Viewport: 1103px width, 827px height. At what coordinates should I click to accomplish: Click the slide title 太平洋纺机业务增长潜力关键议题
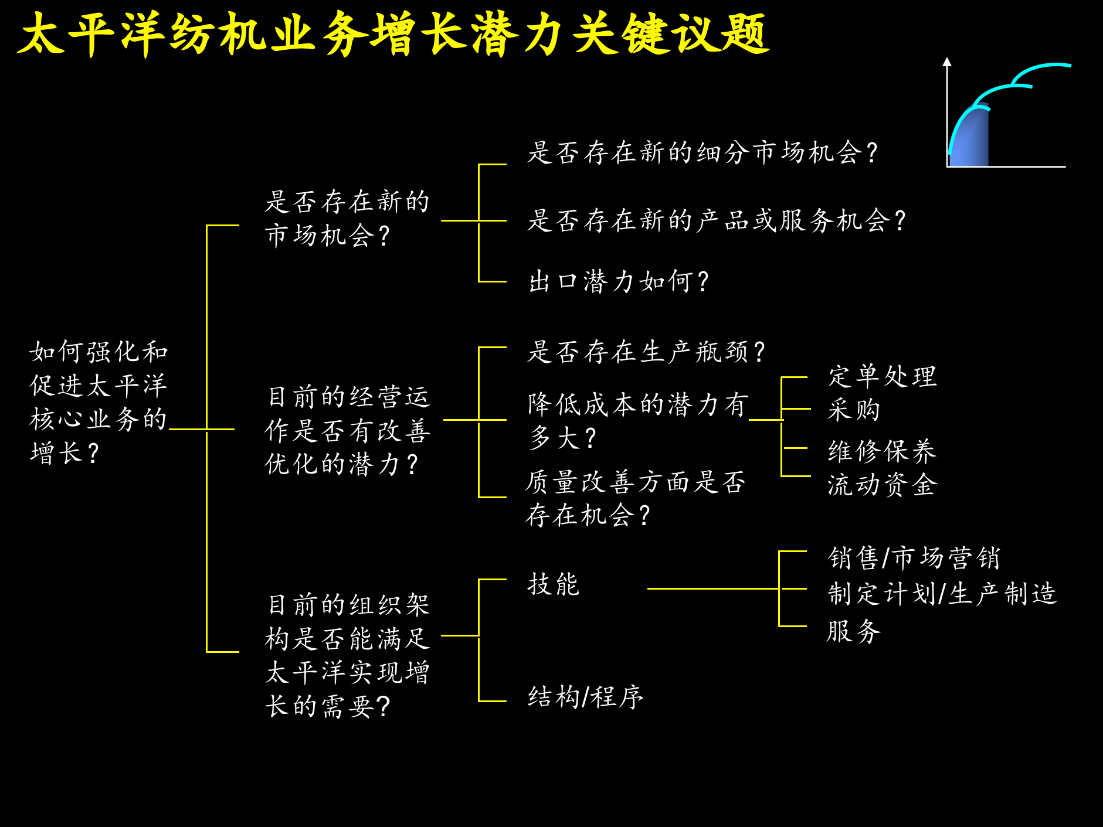click(393, 34)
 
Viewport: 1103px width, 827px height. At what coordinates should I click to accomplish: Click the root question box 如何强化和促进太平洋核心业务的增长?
click(99, 402)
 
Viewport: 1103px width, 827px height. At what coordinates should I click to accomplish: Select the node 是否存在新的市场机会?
click(347, 218)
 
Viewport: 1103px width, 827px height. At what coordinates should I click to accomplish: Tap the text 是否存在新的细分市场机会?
click(702, 152)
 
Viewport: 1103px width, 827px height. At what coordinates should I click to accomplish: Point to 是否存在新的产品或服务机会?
click(716, 220)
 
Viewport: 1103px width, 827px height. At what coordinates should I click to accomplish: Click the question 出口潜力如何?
click(618, 281)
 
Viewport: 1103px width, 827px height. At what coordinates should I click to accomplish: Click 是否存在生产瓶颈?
click(646, 352)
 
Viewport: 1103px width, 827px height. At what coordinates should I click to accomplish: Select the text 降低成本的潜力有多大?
click(637, 420)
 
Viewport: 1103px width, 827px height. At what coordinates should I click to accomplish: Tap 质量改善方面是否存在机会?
click(635, 498)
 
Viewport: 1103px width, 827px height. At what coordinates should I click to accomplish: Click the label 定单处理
click(882, 376)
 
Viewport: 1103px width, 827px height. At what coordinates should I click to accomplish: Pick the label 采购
click(854, 409)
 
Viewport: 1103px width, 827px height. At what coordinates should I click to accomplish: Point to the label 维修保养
click(882, 451)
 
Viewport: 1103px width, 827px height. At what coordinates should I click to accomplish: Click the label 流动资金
click(882, 485)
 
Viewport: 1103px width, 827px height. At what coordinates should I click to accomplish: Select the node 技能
click(553, 584)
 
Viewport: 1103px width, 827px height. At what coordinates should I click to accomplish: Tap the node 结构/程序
click(585, 697)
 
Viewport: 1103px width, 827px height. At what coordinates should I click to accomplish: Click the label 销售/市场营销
click(914, 557)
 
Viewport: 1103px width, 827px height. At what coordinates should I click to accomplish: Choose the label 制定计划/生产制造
click(942, 593)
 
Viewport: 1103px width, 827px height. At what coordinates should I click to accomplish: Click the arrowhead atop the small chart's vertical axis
click(947, 62)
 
